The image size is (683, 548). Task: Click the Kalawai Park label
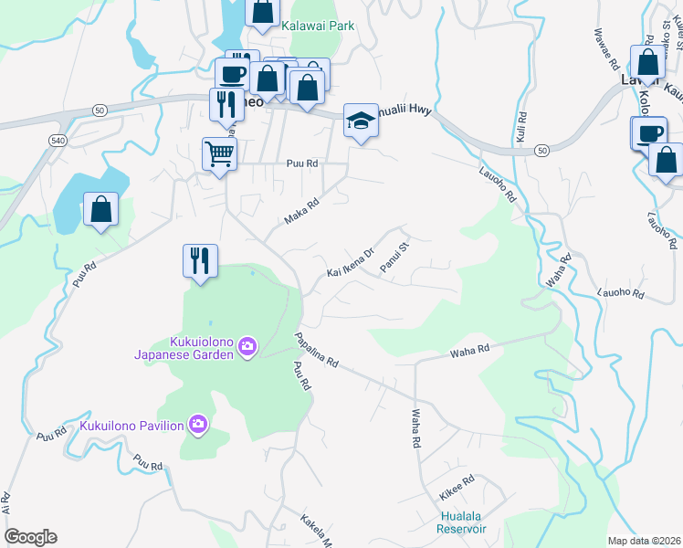pyautogui.click(x=317, y=26)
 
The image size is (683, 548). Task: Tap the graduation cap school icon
pyautogui.click(x=361, y=120)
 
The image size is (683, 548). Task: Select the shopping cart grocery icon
pyautogui.click(x=220, y=153)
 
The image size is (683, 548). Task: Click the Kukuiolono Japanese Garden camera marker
pyautogui.click(x=247, y=346)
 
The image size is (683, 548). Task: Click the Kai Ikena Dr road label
pyautogui.click(x=351, y=262)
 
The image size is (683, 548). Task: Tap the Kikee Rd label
pyautogui.click(x=456, y=487)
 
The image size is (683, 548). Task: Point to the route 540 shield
pyautogui.click(x=58, y=140)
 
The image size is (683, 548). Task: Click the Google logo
pyautogui.click(x=30, y=537)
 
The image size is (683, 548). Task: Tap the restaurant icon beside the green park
pyautogui.click(x=199, y=260)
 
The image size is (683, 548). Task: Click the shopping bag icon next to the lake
pyautogui.click(x=100, y=209)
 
